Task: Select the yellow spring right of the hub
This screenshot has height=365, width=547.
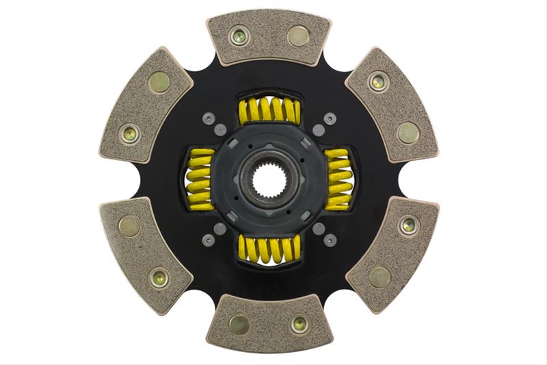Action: (338, 179)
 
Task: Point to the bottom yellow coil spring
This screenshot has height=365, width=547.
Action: (269, 249)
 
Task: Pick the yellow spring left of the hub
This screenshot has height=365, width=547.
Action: (200, 179)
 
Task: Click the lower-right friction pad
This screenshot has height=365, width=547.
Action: (392, 253)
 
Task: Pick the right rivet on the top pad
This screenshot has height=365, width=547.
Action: (298, 36)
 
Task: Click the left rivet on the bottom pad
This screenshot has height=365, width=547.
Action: (239, 325)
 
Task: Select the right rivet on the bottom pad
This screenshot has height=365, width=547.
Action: (299, 324)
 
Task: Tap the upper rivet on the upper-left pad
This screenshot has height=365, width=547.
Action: (159, 82)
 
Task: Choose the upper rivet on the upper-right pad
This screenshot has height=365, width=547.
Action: (377, 82)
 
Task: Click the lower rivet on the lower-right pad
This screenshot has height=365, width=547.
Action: (380, 277)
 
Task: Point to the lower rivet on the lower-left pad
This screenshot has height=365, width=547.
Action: (159, 278)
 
